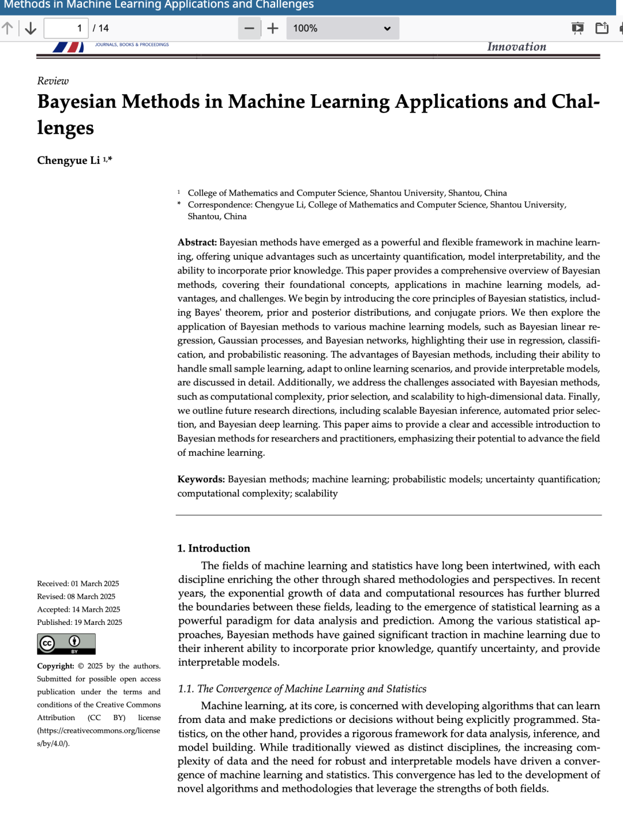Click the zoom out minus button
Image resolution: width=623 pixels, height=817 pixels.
coord(249,28)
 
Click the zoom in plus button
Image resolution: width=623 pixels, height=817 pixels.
coord(273,28)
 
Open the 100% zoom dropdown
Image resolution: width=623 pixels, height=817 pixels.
coord(342,28)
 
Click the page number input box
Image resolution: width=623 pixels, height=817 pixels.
coord(66,28)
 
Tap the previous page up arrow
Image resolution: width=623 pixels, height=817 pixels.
coord(7,28)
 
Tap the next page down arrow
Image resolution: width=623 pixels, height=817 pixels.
coord(31,28)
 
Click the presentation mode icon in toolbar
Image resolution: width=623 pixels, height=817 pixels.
coord(577,28)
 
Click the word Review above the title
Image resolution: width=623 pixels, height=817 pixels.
coord(52,81)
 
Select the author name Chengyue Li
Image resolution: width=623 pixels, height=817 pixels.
coord(69,160)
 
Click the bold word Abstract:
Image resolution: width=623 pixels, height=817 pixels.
coord(197,242)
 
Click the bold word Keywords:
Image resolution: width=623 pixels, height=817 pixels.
coord(201,479)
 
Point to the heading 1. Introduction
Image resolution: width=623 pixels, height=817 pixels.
coord(213,548)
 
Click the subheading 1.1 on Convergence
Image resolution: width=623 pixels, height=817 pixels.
coord(302,689)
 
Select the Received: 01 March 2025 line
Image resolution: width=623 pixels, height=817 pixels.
coord(78,584)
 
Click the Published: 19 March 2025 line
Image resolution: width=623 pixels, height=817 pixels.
coord(80,623)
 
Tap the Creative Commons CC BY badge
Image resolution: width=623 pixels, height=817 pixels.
coord(66,644)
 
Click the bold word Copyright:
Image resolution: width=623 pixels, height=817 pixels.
coord(55,666)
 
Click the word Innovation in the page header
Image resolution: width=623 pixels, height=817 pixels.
coord(516,47)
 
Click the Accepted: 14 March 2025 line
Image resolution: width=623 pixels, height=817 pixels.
coord(78,610)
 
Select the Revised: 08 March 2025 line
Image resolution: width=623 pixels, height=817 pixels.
coord(76,597)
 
